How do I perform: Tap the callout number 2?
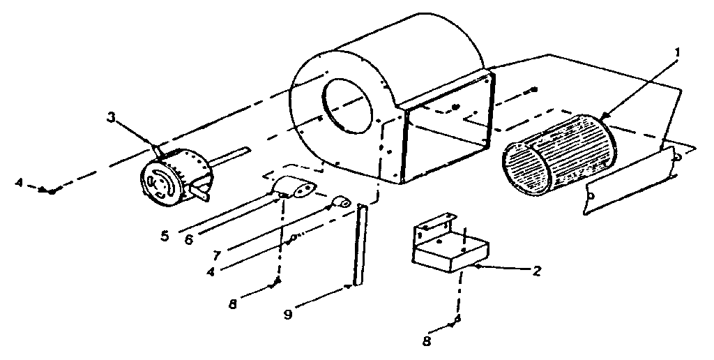coord(536,271)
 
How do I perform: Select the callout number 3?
coord(110,116)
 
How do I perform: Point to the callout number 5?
coord(165,236)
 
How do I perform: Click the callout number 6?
coord(188,239)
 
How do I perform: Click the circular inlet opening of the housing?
coord(349,105)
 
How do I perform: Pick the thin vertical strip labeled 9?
coord(360,244)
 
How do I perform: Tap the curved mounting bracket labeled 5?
coord(294,188)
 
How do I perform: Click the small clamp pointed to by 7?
coord(341,203)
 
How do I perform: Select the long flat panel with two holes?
coord(630,181)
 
